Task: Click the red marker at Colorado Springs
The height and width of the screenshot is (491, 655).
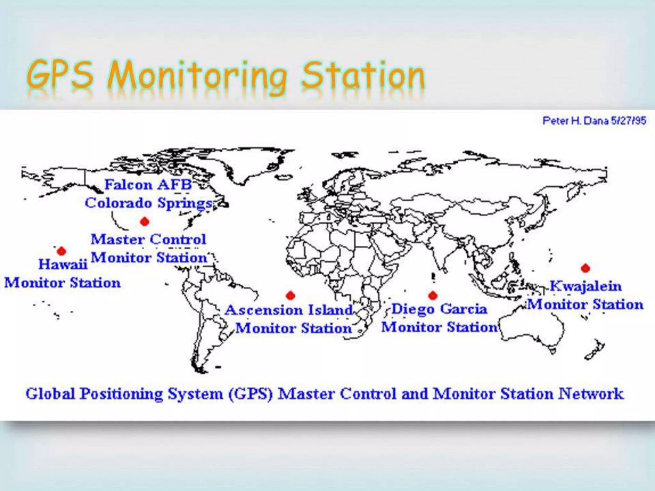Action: click(x=145, y=221)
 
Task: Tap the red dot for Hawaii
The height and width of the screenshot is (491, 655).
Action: click(x=61, y=251)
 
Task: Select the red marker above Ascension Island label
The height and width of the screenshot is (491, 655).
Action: click(x=290, y=295)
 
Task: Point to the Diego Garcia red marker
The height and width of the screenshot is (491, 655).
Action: click(x=433, y=295)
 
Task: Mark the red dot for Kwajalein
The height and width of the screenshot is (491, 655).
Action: click(x=585, y=268)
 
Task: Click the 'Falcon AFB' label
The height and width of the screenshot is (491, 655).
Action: click(x=148, y=185)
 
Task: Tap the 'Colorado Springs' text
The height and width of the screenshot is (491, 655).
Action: click(x=149, y=203)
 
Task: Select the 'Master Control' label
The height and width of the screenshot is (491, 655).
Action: click(x=148, y=239)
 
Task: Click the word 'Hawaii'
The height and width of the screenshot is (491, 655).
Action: click(x=63, y=264)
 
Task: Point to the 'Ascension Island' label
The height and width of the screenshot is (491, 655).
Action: click(x=289, y=310)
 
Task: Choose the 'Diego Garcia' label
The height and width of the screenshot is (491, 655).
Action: click(x=439, y=309)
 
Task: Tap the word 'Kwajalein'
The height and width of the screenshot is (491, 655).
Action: click(x=586, y=286)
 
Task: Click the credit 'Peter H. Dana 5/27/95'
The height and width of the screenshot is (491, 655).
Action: click(x=594, y=121)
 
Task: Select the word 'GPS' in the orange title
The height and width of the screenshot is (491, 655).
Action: click(x=61, y=75)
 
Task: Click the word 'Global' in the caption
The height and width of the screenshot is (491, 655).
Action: click(x=50, y=394)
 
